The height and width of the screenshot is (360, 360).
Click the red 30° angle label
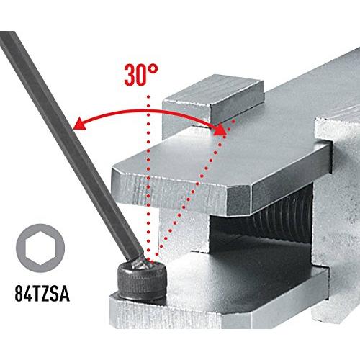[x=141, y=75]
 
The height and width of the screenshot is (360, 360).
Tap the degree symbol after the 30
[x=153, y=69]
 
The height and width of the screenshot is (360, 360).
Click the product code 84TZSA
[x=42, y=294]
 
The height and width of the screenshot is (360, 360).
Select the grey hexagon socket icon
[x=40, y=248]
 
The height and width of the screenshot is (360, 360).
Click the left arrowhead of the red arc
[x=79, y=125]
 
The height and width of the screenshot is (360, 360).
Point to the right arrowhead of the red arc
[x=220, y=130]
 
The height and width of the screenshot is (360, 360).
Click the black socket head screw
[x=142, y=279]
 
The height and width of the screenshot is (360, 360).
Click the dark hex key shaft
[x=70, y=144]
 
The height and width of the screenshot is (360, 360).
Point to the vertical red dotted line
[x=148, y=178]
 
